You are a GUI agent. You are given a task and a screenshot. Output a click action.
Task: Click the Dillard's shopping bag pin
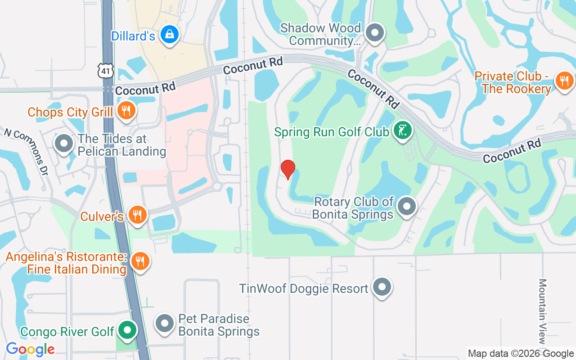170,35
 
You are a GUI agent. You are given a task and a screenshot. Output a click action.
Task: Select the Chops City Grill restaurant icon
126,110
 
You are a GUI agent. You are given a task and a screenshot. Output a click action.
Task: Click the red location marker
288,169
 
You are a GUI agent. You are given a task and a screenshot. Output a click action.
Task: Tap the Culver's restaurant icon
137,215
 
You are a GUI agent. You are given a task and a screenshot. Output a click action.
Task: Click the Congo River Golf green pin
127,331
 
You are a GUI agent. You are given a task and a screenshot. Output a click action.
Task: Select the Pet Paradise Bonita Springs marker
164,324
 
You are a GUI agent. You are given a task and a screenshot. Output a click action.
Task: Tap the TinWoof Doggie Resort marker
382,287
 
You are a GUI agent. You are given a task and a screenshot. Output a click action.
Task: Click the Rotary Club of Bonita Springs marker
407,207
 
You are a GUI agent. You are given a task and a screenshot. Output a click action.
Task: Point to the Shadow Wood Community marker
374,33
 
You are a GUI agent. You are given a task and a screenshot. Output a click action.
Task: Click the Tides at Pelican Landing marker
64,144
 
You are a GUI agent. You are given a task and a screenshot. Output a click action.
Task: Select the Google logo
30,349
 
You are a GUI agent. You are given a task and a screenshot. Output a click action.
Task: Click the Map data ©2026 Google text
521,354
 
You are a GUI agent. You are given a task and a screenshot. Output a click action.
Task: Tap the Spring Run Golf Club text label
332,132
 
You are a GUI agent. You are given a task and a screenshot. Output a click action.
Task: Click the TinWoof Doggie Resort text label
304,288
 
